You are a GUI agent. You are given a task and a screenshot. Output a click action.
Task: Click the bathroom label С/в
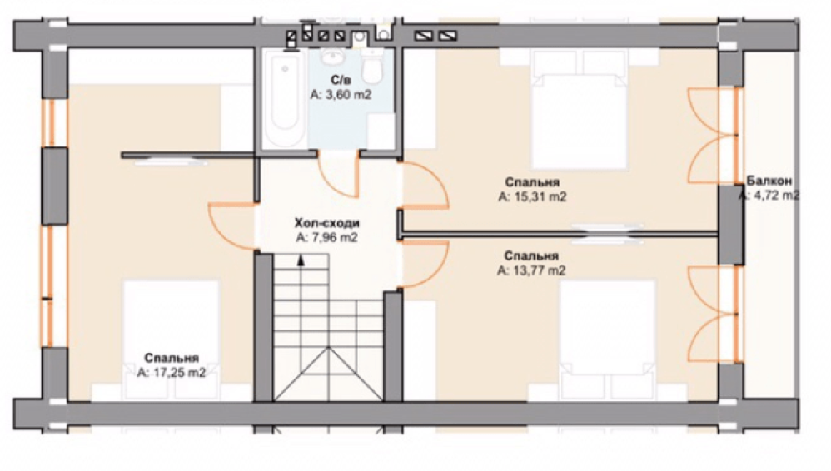tap(341, 81)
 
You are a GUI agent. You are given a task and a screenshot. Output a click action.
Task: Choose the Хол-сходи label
tap(327, 223)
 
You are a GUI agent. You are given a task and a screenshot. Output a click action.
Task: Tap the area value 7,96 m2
tap(327, 238)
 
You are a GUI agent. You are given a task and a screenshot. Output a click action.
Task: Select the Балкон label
tap(769, 181)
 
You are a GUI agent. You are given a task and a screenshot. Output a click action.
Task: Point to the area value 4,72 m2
tap(769, 196)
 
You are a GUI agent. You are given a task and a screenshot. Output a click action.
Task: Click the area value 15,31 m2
tap(532, 197)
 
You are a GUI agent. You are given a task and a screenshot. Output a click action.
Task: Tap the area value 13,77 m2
tap(531, 270)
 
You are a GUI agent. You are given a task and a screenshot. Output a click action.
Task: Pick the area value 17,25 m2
tap(172, 373)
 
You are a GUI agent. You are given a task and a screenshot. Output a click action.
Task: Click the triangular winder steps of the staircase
tap(329, 374)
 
